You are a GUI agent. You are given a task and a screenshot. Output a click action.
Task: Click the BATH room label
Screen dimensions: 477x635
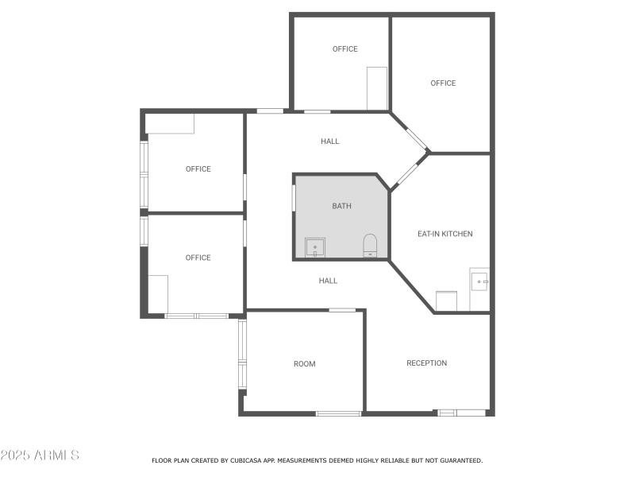pyautogui.click(x=341, y=206)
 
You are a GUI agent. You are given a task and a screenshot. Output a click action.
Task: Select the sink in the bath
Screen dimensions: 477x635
pyautogui.click(x=315, y=247)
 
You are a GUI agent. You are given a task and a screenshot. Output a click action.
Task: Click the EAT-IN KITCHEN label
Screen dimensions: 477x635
pyautogui.click(x=444, y=234)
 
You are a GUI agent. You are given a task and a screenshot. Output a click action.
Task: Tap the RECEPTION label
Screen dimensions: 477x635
pyautogui.click(x=426, y=363)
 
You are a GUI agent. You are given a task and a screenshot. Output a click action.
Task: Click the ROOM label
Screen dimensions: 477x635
pyautogui.click(x=304, y=364)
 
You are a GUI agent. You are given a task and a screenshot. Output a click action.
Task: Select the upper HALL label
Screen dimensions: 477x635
pyautogui.click(x=329, y=142)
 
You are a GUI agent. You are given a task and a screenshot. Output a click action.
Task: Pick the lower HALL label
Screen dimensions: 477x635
pyautogui.click(x=328, y=281)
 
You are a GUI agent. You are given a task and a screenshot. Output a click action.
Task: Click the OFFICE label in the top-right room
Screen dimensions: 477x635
pyautogui.click(x=443, y=83)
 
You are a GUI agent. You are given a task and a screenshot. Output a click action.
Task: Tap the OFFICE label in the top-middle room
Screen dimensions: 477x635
pyautogui.click(x=344, y=49)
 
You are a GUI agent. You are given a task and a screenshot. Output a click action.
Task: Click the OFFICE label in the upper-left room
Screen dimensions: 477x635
pyautogui.click(x=198, y=169)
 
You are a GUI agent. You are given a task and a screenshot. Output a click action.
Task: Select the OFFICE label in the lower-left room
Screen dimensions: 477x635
pyautogui.click(x=198, y=258)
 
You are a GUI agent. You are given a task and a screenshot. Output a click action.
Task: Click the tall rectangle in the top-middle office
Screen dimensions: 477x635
pyautogui.click(x=377, y=88)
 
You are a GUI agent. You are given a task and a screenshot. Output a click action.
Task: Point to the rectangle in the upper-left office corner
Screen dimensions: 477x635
pyautogui.click(x=171, y=124)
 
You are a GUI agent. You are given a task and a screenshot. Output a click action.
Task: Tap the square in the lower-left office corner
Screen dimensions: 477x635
pyautogui.click(x=157, y=294)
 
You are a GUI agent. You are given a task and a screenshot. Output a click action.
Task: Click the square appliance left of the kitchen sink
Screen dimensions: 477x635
pyautogui.click(x=446, y=301)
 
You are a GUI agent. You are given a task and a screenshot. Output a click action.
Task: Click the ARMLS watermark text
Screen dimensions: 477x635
pyautogui.click(x=40, y=456)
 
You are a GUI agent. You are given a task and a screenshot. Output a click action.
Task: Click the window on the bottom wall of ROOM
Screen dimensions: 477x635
pyautogui.click(x=338, y=413)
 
